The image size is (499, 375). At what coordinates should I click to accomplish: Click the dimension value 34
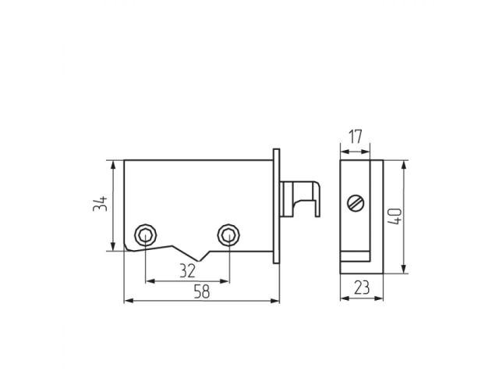(x=99, y=205)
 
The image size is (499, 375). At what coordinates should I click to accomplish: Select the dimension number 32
(x=186, y=270)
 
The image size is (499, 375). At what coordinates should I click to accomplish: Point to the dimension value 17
(x=355, y=137)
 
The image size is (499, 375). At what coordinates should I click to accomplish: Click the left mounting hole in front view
(x=145, y=234)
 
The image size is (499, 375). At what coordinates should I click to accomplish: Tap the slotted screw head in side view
(x=356, y=204)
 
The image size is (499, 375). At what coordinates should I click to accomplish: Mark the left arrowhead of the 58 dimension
(x=129, y=300)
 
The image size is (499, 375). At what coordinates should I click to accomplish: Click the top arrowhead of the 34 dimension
(x=113, y=165)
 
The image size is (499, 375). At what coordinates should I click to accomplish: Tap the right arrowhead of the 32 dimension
(x=225, y=280)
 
